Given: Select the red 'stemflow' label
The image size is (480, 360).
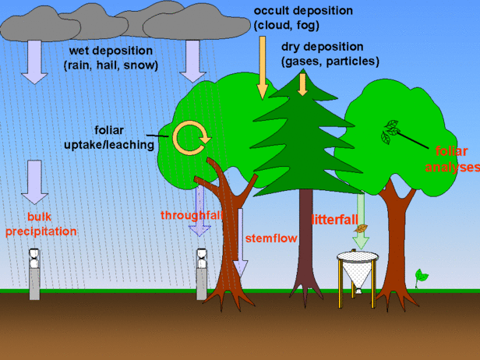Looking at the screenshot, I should point(271,238).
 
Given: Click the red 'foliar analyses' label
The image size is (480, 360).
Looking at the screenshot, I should point(457,158).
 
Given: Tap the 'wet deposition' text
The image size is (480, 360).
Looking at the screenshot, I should point(111,58).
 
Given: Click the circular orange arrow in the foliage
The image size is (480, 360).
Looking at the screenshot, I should point(192,137).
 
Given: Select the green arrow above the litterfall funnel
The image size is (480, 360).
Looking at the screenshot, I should point(362,206).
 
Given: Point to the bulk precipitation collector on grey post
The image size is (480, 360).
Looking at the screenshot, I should point(34,273).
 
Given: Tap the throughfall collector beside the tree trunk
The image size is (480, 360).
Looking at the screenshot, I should point(202,272).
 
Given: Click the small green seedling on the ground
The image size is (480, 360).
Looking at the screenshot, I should point(422,276).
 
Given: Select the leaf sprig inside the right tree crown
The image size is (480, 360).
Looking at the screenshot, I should point(389,132).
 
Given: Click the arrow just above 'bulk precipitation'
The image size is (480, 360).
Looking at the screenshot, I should point(34,181).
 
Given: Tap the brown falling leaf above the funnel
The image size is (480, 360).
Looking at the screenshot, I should point(361,228).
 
